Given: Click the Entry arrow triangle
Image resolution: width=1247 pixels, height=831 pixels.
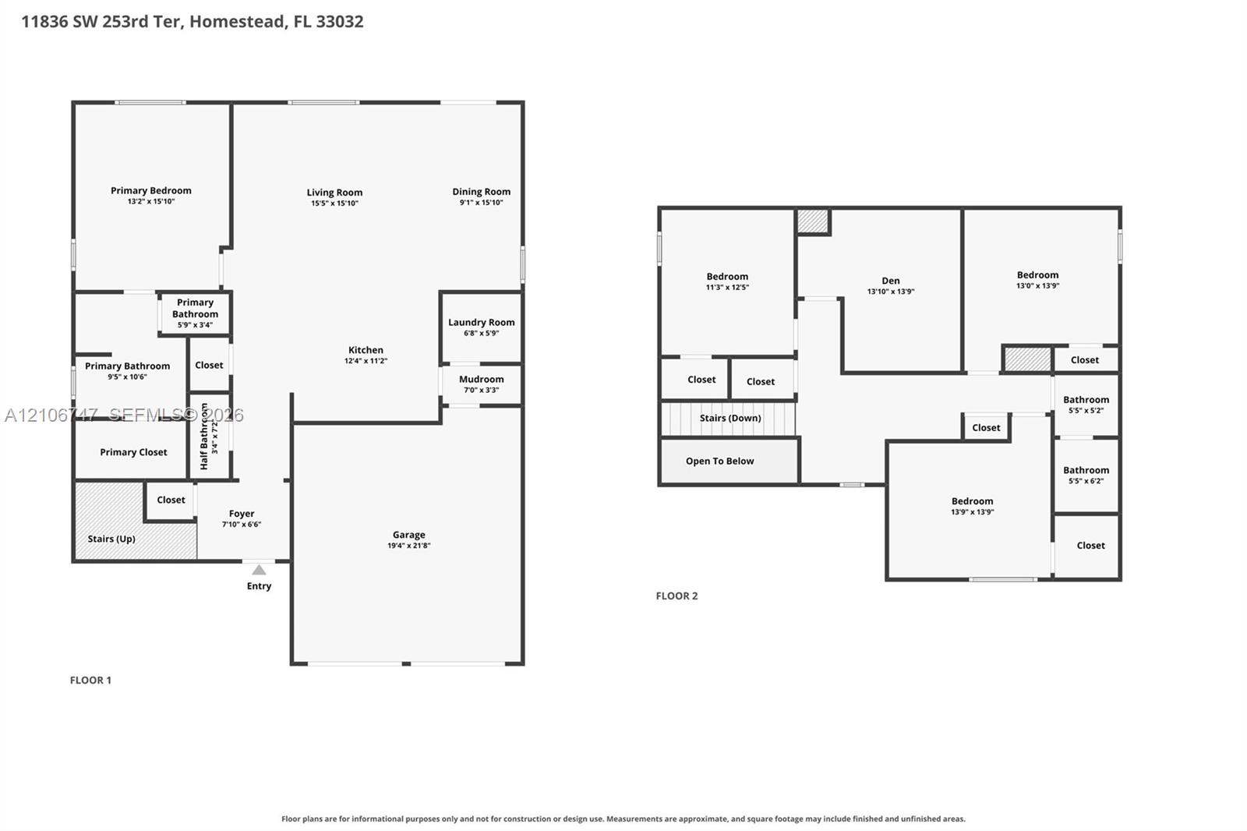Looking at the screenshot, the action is (259, 570).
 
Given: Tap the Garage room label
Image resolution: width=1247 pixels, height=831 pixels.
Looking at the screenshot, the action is (408, 535).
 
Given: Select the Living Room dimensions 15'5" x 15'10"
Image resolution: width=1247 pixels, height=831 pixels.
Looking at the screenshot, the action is (334, 203).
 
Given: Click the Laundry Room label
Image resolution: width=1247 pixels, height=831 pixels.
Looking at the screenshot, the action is (482, 323).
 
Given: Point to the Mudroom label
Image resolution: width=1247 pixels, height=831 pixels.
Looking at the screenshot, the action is (482, 380).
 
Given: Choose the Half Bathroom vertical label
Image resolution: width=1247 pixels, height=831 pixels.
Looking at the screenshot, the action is (203, 437).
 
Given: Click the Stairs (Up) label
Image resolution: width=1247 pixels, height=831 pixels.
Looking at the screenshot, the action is (111, 539).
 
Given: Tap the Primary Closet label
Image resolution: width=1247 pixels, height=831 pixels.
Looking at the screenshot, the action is (133, 452).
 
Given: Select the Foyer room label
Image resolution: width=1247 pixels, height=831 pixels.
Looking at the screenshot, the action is (242, 514).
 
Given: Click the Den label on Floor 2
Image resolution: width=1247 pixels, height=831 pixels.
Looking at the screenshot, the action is (891, 281).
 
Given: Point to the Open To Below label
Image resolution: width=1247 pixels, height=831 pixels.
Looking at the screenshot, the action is (720, 461).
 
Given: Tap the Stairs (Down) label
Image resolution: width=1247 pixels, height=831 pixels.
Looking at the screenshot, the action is (730, 419).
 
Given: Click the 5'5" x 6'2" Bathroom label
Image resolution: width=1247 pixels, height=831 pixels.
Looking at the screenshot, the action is (1086, 470).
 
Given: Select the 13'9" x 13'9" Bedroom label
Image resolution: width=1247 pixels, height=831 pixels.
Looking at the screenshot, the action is (972, 501).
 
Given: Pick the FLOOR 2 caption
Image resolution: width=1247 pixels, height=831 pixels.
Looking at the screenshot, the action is (677, 596).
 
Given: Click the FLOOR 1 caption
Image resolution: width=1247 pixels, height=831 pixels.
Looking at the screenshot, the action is (90, 680).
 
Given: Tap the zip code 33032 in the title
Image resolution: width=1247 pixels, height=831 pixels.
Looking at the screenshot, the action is (340, 22).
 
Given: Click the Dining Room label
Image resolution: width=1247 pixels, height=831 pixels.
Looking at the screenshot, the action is (482, 192).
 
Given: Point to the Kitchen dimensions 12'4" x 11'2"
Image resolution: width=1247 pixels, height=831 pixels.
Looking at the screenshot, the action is (366, 361).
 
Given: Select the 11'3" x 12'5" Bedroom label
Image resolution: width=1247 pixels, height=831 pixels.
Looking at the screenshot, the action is (728, 277).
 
